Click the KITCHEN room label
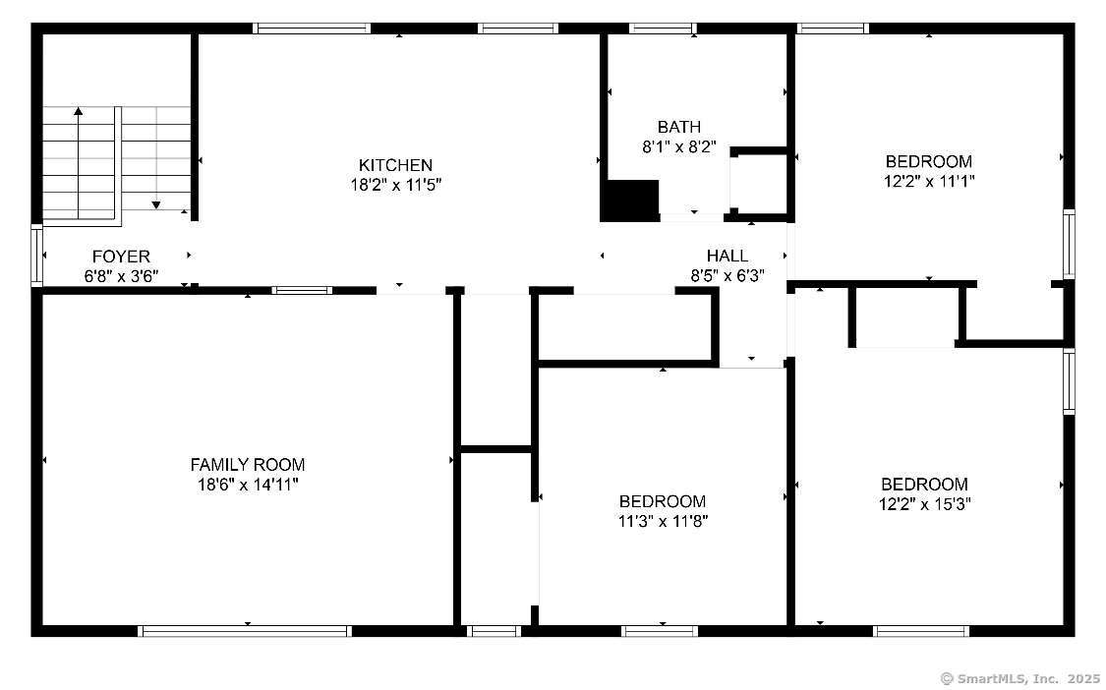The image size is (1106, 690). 394,165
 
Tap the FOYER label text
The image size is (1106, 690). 121,257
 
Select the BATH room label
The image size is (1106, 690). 679,127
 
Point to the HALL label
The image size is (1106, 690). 727,256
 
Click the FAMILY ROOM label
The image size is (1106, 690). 248,465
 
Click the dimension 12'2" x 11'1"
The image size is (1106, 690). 929,182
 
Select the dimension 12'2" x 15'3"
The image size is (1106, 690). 924,504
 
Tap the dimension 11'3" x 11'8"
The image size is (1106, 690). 663,521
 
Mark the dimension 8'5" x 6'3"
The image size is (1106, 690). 727,276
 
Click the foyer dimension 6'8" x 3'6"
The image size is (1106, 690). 121,276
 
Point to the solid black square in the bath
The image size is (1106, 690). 629,201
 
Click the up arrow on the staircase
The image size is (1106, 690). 79,112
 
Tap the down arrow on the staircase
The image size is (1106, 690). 155,203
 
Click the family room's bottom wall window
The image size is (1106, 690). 245,631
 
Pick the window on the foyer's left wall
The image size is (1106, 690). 37,256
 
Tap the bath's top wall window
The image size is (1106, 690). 662,28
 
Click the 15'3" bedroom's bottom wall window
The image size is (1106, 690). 921,631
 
